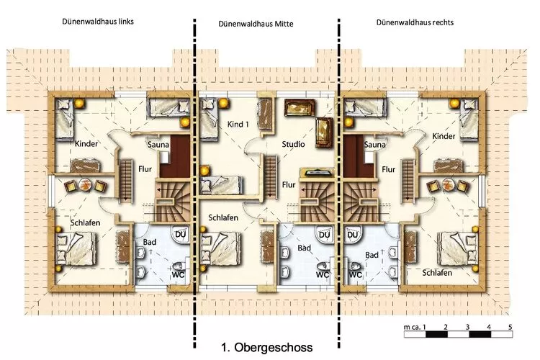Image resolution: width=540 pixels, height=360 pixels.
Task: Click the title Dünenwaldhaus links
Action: click(x=98, y=22)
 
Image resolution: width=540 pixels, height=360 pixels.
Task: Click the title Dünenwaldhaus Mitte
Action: click(x=256, y=24)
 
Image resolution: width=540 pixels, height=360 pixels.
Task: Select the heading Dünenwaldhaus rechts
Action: click(x=415, y=22)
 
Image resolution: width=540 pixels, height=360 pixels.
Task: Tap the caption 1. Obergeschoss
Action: click(x=267, y=347)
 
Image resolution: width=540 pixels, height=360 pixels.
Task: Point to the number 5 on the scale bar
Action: click(x=510, y=327)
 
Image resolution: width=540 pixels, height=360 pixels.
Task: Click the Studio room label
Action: click(x=294, y=144)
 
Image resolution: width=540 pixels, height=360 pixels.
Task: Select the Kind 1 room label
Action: click(x=238, y=124)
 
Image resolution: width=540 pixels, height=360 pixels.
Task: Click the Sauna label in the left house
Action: click(x=158, y=145)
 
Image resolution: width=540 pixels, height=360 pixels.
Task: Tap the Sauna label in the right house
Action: click(x=374, y=144)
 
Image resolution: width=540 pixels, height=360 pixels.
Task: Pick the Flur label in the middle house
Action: click(x=289, y=184)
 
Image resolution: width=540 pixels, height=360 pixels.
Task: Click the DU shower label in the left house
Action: click(x=181, y=235)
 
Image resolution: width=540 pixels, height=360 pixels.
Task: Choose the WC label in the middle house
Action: click(x=323, y=274)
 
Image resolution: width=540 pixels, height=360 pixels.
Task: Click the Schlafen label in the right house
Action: click(x=437, y=273)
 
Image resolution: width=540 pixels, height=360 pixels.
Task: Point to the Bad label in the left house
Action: click(x=150, y=242)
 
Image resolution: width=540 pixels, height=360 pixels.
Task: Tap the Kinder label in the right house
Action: click(x=444, y=136)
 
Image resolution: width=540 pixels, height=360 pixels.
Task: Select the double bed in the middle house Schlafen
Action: click(x=221, y=248)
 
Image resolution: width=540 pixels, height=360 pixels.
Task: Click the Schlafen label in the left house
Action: click(x=86, y=222)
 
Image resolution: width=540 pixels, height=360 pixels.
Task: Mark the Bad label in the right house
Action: click(x=372, y=255)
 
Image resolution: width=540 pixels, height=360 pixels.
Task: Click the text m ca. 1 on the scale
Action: click(x=415, y=327)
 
